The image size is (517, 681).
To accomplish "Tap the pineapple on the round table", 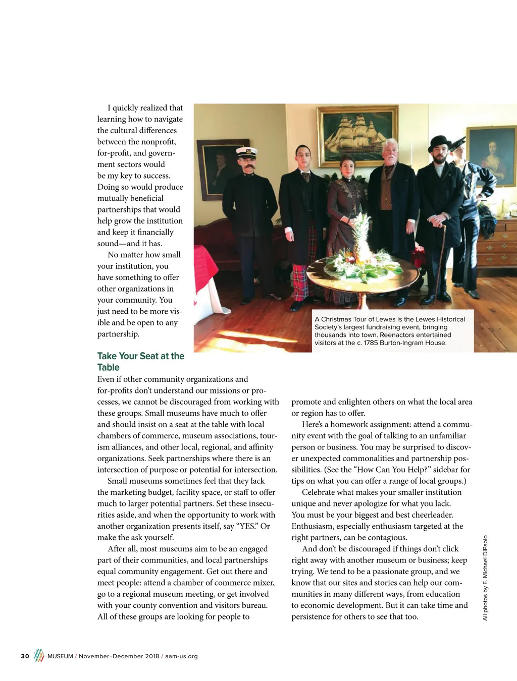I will click(x=362, y=241).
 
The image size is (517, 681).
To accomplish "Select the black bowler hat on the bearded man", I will click(x=439, y=142).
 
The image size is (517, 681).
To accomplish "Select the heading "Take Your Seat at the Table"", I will click(x=140, y=362).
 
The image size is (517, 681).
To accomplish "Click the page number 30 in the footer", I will click(x=25, y=656).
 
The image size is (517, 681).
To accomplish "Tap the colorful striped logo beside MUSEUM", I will click(x=39, y=655).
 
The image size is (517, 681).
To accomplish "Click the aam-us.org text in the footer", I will click(x=181, y=656).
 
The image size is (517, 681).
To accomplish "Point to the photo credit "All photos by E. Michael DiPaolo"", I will click(x=485, y=578).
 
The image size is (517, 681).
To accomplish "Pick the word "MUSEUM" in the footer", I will click(x=60, y=656).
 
